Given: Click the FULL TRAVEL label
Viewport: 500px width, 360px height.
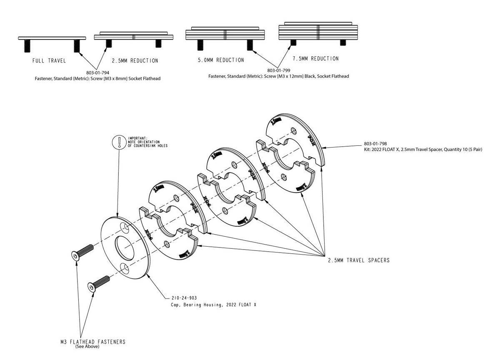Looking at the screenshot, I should click(x=49, y=61).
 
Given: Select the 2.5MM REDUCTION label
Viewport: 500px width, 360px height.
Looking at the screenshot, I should click(x=135, y=61).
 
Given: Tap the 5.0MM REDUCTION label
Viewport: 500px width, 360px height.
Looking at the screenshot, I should click(x=221, y=60).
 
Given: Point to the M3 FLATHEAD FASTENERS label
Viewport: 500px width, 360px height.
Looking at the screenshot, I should click(x=92, y=342).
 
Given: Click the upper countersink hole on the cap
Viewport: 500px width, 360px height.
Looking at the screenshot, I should click(x=125, y=227).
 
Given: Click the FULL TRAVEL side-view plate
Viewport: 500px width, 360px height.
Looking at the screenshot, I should click(x=52, y=38).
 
